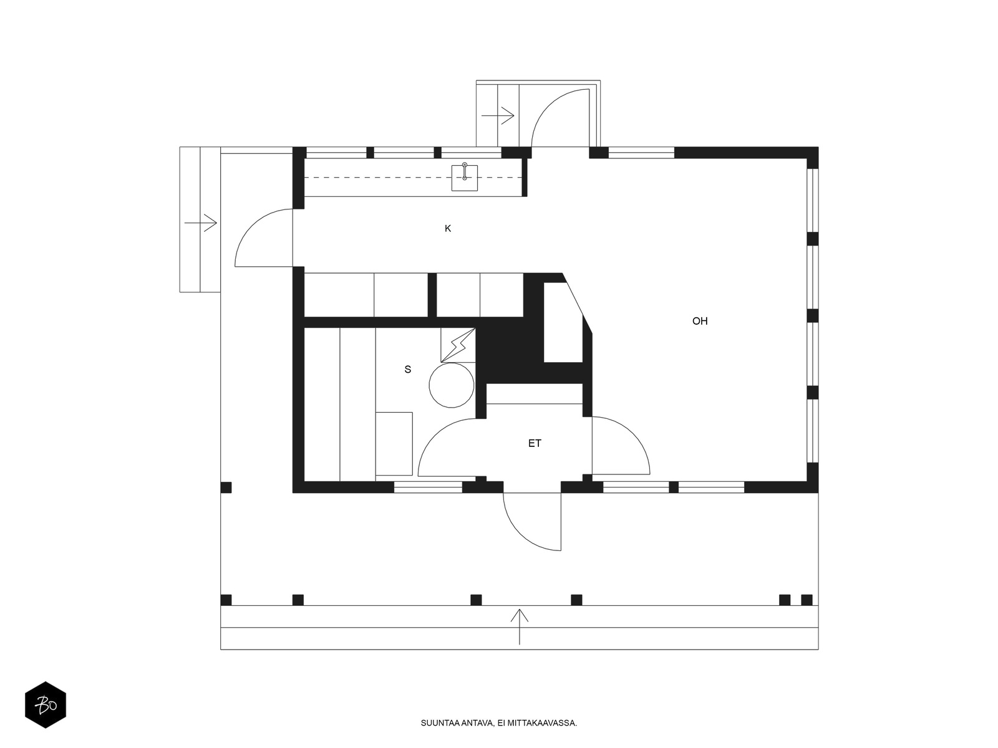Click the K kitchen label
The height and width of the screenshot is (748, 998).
(447, 228)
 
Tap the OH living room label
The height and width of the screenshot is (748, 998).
(700, 321)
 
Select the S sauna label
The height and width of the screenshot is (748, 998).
(407, 369)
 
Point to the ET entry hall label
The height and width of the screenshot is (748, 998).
(534, 443)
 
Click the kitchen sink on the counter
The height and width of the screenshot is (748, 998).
(464, 178)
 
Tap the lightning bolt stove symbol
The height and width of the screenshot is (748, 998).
(457, 345)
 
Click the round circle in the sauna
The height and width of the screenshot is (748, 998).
(452, 385)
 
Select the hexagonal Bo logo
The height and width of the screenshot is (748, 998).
(46, 705)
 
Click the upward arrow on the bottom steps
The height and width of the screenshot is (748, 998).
(519, 626)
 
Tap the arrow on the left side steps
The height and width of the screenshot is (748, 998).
(200, 223)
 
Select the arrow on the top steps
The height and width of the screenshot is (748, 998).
(498, 115)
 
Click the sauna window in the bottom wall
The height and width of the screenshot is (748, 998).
(428, 487)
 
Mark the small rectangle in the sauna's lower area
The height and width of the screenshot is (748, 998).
(394, 444)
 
